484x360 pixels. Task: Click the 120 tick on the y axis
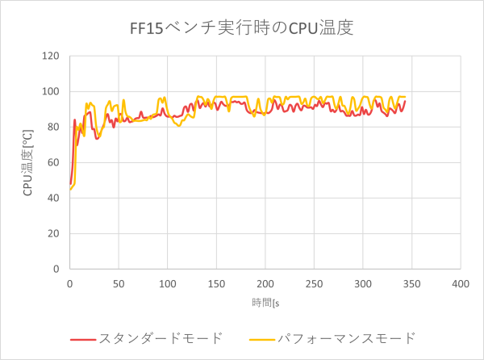coord(52,57)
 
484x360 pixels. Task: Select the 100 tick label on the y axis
coord(52,92)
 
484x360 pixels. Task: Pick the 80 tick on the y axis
coord(55,128)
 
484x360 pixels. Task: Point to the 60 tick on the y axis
coord(55,162)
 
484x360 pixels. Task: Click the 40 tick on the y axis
coord(55,198)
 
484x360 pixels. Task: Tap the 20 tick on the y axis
coord(55,233)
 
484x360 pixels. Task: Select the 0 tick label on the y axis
coord(57,269)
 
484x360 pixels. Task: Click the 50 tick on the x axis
coord(119,284)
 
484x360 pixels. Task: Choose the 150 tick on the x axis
coord(216,284)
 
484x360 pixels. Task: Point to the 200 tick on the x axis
coord(265,284)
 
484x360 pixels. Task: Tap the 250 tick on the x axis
coord(314,284)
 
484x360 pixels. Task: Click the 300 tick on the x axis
coord(363,284)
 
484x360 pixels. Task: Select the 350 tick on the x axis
coord(411,284)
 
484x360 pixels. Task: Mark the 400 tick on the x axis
coord(461,284)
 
